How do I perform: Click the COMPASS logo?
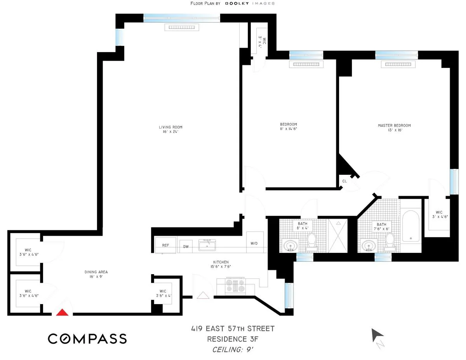click(87, 339)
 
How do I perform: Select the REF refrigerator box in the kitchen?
click(165, 246)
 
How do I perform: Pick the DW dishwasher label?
click(186, 247)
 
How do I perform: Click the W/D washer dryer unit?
click(254, 243)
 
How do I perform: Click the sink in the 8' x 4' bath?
click(290, 245)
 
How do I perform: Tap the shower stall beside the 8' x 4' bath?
click(338, 236)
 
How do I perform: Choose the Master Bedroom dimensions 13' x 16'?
click(394, 130)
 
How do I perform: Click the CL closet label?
click(344, 181)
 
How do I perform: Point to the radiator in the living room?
click(182, 27)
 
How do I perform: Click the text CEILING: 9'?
click(233, 350)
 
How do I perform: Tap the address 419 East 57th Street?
click(232, 329)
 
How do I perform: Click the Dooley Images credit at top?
click(233, 3)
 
